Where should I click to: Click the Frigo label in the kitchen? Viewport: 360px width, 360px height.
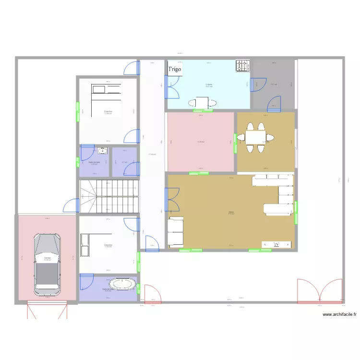pyautogui.click(x=175, y=70)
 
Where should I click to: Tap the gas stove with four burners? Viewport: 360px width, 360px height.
pyautogui.click(x=242, y=66)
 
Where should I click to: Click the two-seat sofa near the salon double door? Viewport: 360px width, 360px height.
pyautogui.click(x=175, y=232)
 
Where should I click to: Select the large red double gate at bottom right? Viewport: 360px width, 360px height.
pyautogui.click(x=319, y=291)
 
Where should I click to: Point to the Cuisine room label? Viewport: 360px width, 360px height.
pyautogui.click(x=209, y=85)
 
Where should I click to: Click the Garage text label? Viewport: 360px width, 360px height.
pyautogui.click(x=47, y=258)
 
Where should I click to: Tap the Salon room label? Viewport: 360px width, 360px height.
pyautogui.click(x=231, y=212)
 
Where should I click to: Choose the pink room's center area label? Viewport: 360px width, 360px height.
pyautogui.click(x=201, y=142)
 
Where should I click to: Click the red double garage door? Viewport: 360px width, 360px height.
pyautogui.click(x=47, y=310)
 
